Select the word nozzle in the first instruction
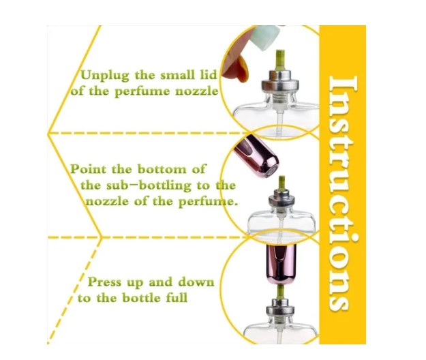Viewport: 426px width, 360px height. pyautogui.click(x=197, y=91)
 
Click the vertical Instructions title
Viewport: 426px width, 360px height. pyautogui.click(x=342, y=194)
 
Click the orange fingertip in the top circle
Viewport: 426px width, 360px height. pyautogui.click(x=237, y=68)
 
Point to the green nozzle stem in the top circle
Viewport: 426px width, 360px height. pyautogui.click(x=280, y=60)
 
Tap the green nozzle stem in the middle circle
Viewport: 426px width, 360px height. pyautogui.click(x=282, y=183)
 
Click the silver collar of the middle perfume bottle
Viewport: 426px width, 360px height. pyautogui.click(x=282, y=200)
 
